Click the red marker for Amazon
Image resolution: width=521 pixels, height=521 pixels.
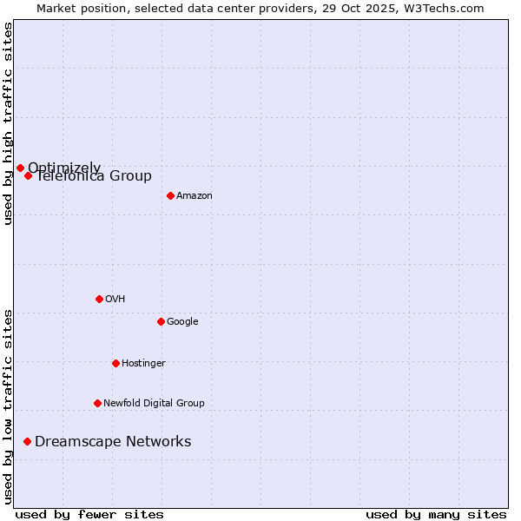click(x=170, y=195)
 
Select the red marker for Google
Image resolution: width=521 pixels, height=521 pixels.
click(x=161, y=321)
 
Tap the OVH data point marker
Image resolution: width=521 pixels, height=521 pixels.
click(x=99, y=299)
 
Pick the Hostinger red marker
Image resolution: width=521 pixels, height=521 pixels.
click(x=115, y=363)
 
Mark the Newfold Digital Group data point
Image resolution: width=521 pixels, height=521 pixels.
click(x=97, y=403)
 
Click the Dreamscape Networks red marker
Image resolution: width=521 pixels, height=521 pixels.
click(x=27, y=441)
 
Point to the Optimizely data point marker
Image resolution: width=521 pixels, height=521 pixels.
click(x=20, y=168)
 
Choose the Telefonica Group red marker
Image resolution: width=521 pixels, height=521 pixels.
click(x=28, y=175)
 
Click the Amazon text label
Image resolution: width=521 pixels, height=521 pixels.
click(x=195, y=196)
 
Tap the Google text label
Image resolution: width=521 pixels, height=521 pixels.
click(x=182, y=322)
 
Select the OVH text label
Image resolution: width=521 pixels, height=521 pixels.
click(x=115, y=300)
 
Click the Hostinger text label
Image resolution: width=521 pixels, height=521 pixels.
click(x=143, y=364)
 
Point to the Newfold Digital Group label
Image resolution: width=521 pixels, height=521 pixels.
click(x=154, y=404)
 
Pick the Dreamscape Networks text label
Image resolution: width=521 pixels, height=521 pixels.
click(x=113, y=442)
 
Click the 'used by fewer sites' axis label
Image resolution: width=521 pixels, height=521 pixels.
click(x=89, y=514)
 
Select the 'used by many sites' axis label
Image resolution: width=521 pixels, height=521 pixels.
click(x=436, y=514)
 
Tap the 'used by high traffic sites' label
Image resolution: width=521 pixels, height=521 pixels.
click(x=8, y=123)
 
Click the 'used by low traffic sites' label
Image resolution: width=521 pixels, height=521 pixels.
click(x=8, y=406)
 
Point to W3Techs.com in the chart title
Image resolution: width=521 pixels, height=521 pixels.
click(x=449, y=8)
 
